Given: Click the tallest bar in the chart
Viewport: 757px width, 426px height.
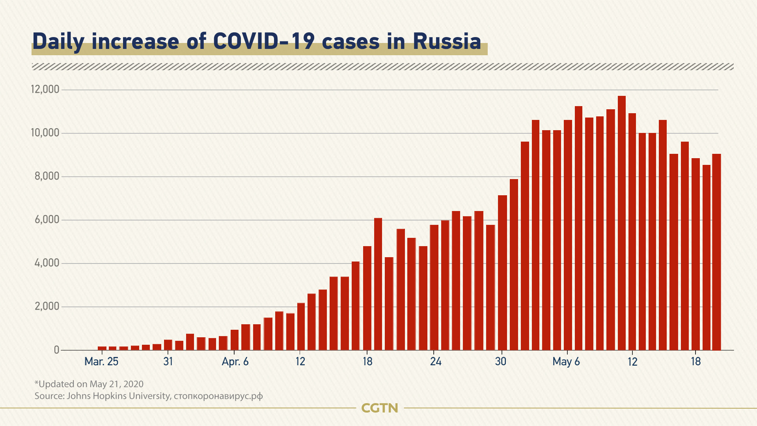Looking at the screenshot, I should tap(621, 223).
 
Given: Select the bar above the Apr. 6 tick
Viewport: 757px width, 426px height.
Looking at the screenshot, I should tap(234, 340).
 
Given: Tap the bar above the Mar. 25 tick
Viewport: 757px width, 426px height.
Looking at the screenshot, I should tap(102, 348).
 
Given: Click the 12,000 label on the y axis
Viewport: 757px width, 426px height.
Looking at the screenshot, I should tap(45, 90).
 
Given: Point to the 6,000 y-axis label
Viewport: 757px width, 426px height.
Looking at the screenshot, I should tap(47, 220).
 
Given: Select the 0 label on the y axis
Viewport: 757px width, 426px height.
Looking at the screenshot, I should tap(57, 350).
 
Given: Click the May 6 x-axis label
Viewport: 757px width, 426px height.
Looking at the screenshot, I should tap(566, 362).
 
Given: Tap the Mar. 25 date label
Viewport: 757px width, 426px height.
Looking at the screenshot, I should tap(101, 362).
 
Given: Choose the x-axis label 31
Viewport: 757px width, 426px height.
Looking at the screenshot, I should tap(168, 362).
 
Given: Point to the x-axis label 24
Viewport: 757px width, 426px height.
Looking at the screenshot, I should tap(435, 362).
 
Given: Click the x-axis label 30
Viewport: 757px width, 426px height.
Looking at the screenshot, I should tap(500, 362).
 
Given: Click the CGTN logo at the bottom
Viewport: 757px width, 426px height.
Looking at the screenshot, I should tap(379, 408).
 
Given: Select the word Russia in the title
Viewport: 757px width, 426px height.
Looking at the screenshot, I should tap(447, 41).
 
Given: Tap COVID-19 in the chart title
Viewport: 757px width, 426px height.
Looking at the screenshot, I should tap(263, 41).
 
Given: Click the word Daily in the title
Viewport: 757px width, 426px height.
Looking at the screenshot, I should tap(58, 41).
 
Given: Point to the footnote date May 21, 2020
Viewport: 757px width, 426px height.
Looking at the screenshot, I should tap(116, 384).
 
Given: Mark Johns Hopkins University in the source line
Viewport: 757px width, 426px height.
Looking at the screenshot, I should tap(118, 396).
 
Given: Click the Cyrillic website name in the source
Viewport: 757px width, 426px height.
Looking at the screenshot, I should tap(218, 396).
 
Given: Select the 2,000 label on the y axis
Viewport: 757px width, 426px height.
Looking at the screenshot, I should tap(47, 306).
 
